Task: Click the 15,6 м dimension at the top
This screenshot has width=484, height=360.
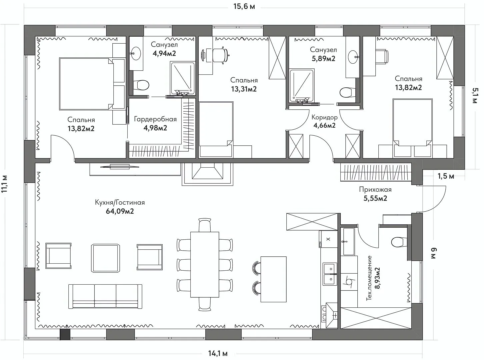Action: tap(244, 6)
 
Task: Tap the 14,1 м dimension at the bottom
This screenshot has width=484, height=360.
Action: tap(218, 353)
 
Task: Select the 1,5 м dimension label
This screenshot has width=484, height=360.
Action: tap(446, 176)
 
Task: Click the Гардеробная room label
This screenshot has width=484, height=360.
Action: tap(155, 119)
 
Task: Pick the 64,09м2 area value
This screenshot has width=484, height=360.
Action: tap(120, 211)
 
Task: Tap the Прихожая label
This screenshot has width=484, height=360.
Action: tap(375, 189)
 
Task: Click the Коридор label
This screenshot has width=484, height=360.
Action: tap(324, 117)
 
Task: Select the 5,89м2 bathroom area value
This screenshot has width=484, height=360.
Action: tap(323, 59)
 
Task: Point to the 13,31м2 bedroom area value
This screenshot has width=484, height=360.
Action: tap(244, 89)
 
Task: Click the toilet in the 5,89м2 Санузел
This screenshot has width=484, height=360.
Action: tap(347, 93)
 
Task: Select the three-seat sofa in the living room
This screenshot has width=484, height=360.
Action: tap(105, 297)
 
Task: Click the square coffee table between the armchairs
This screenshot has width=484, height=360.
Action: tap(106, 258)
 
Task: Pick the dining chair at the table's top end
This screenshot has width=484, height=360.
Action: tap(205, 225)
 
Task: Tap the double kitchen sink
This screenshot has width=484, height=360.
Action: tap(330, 274)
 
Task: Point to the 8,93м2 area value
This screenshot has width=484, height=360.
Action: tap(377, 278)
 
